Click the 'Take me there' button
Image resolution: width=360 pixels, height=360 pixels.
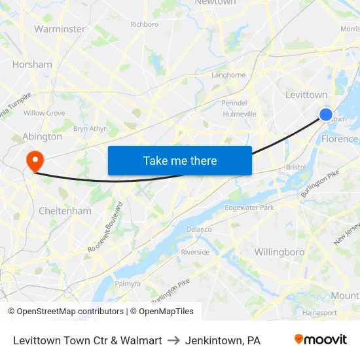[179, 160]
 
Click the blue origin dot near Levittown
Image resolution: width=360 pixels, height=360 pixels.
[325, 115]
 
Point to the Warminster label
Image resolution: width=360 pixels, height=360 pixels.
[60, 29]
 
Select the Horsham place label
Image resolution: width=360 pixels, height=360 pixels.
[32, 65]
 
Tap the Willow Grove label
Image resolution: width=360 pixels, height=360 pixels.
[44, 113]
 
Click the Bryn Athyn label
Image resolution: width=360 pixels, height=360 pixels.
[90, 129]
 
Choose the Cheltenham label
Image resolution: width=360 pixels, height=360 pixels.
[65, 211]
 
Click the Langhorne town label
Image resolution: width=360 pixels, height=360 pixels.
[228, 75]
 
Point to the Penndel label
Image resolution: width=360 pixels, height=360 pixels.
[234, 103]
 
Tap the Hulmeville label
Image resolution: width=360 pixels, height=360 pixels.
[240, 113]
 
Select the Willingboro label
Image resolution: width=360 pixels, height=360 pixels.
[279, 252]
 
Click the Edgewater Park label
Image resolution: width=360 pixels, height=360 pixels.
[249, 207]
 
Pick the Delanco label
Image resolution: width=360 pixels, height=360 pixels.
[199, 229]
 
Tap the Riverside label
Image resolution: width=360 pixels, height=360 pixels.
[195, 252]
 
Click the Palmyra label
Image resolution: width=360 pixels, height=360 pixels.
[128, 283]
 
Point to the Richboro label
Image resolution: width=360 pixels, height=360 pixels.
[144, 24]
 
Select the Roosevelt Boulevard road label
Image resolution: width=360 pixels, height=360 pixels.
[105, 228]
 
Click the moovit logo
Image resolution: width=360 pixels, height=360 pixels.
[320, 340]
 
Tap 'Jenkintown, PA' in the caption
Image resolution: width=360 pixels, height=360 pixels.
[223, 340]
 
